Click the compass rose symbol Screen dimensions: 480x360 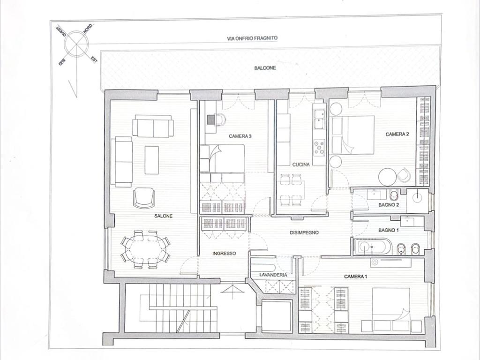[76, 44]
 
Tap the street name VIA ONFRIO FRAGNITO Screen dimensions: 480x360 [252, 38]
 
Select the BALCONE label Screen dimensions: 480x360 [265, 68]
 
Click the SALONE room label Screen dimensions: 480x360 [163, 216]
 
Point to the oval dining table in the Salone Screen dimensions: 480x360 [145, 249]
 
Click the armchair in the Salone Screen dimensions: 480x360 [144, 198]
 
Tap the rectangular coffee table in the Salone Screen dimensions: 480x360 [151, 160]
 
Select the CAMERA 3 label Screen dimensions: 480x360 [240, 136]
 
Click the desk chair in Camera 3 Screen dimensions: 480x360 [220, 120]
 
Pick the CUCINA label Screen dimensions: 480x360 [301, 165]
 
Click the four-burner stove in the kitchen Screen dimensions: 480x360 [319, 147]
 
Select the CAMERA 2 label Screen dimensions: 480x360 [397, 134]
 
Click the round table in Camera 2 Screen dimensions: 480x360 [388, 177]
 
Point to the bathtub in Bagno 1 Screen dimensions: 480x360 [372, 247]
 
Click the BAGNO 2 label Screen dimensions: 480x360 [389, 205]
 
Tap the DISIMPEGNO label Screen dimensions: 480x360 [304, 232]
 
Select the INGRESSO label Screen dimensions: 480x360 [224, 254]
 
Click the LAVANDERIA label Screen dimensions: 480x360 [273, 275]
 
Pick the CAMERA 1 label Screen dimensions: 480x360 [355, 277]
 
